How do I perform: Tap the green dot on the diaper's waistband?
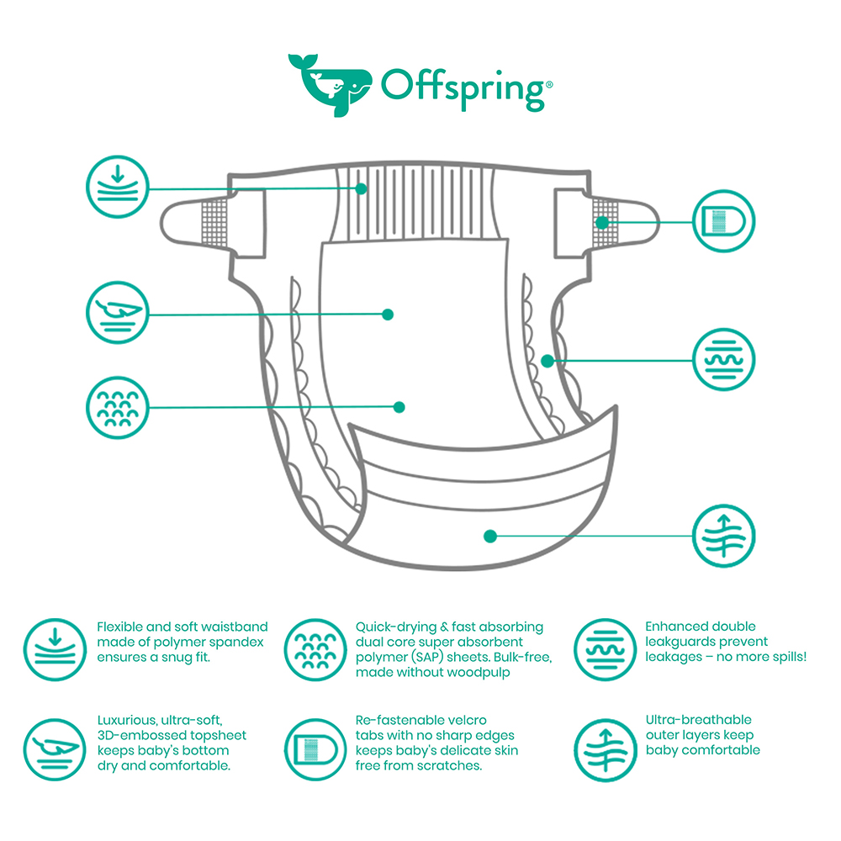(362, 188)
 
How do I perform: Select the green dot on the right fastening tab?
(602, 222)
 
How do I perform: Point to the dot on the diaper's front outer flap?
(489, 535)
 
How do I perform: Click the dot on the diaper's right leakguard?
(547, 361)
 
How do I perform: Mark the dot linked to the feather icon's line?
(388, 315)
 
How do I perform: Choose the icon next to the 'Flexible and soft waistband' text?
(54, 649)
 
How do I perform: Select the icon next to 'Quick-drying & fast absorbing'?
(315, 649)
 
